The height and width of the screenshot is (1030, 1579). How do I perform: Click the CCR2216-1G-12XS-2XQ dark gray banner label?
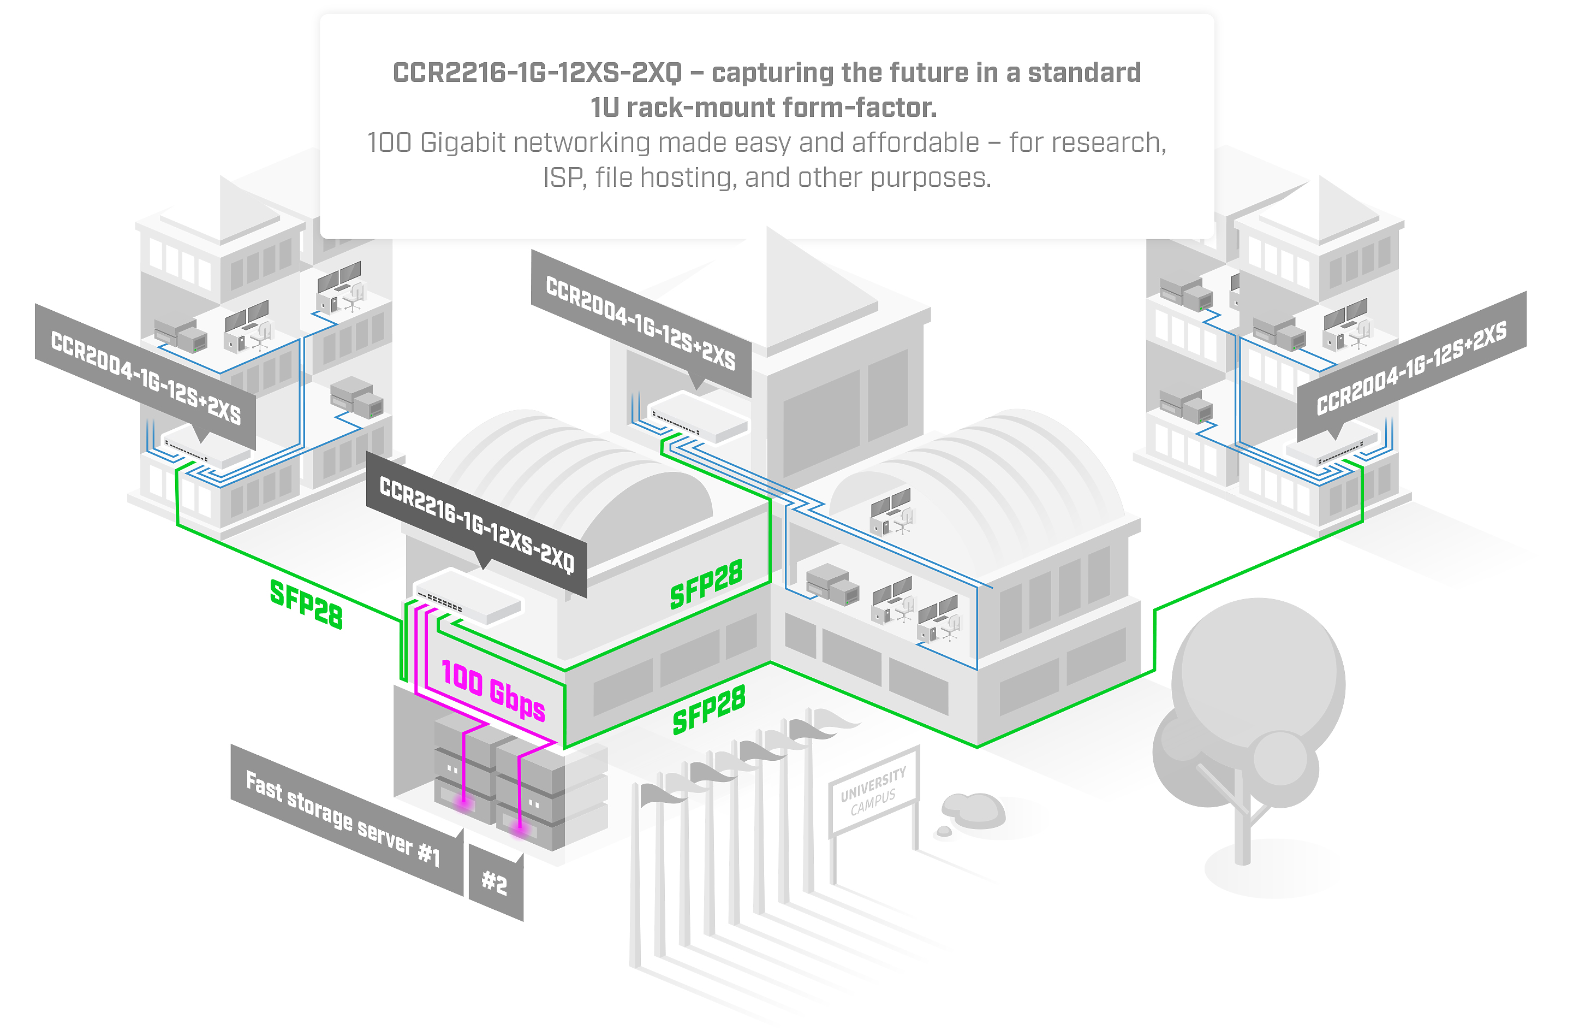point(476,524)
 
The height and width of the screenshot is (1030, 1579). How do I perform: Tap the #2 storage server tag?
point(495,883)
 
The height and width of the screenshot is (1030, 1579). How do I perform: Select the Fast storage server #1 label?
point(342,820)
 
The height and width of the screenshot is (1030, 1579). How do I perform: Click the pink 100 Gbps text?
point(493,690)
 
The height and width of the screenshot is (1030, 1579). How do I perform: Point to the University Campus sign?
point(873,790)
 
